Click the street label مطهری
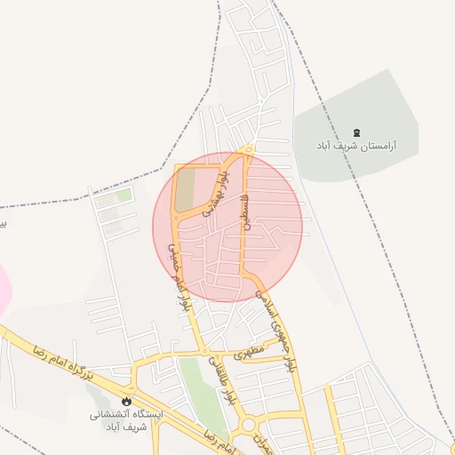point(251,352)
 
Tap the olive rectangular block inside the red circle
point(187,188)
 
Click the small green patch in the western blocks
point(124,195)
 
